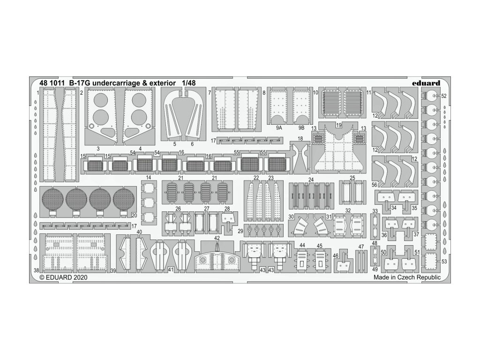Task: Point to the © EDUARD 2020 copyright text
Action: coord(61,277)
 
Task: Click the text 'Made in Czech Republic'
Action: coord(407,277)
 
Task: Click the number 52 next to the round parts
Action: coord(444,96)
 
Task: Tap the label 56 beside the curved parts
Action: coord(375,185)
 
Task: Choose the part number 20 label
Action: coord(135,216)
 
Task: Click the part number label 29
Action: coord(240,232)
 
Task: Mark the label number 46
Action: coord(335,255)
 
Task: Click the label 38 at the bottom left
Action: coord(37,270)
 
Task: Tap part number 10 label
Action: coord(316,93)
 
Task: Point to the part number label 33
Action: coord(375,211)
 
